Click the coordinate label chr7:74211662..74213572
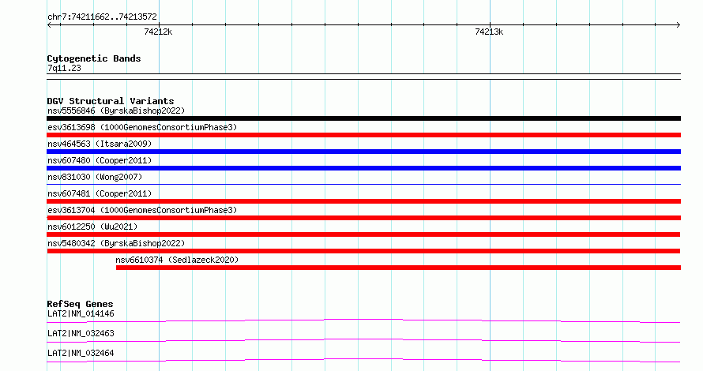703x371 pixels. [102, 17]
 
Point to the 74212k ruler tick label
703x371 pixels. [158, 32]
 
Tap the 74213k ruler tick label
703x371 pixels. [489, 32]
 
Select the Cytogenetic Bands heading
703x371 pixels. [94, 58]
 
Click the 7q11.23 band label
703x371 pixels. [64, 68]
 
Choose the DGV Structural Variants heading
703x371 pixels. [111, 101]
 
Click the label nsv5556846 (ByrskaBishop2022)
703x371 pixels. [116, 111]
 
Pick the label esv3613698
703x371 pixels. [71, 127]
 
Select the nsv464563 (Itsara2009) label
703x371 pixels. [100, 144]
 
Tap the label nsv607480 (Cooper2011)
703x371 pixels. [100, 160]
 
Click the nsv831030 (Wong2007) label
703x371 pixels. [95, 177]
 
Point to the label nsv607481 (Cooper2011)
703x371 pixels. [100, 193]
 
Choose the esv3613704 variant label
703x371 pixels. [71, 210]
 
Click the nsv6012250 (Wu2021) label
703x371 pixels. [92, 227]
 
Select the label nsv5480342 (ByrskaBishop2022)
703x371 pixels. [116, 243]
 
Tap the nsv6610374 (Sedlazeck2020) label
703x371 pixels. [177, 260]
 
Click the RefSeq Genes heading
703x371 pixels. [81, 304]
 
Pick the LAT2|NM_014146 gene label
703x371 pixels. [81, 313]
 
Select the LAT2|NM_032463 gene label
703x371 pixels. [81, 333]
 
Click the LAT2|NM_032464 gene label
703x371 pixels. [81, 353]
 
